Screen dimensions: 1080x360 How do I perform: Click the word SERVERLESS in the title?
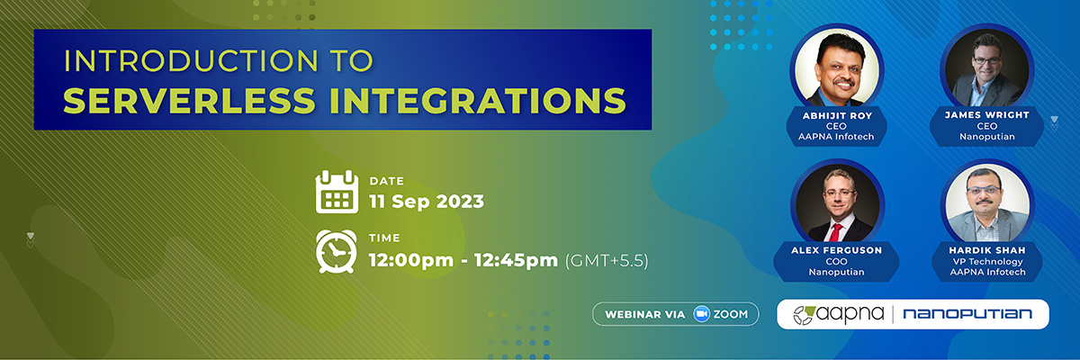click(190, 100)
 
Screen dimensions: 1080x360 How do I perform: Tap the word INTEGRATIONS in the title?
click(478, 100)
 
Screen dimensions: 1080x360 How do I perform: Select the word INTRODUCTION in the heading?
click(191, 60)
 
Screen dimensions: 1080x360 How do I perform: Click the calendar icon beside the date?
click(337, 192)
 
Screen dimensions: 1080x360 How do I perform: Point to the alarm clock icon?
click(337, 251)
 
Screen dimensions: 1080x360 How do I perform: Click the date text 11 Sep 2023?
click(427, 202)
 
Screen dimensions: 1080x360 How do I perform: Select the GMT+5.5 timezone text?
click(607, 260)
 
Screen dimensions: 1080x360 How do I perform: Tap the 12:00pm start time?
click(411, 260)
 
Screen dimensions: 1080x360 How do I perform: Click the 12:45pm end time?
click(516, 260)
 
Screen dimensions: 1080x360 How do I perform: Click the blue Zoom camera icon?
click(701, 314)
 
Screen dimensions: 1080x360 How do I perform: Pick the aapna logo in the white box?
click(839, 314)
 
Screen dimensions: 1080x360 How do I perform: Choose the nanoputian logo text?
click(967, 314)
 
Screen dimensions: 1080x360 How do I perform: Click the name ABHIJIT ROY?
click(837, 116)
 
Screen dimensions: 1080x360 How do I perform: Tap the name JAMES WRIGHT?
click(987, 115)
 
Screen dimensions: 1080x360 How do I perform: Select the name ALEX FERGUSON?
click(836, 250)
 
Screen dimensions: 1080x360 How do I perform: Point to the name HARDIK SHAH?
click(987, 250)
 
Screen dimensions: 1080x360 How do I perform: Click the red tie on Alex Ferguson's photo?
click(835, 232)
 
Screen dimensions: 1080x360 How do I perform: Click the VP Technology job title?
click(987, 262)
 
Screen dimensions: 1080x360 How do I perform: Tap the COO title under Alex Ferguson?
click(836, 262)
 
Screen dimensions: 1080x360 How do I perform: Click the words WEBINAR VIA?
click(645, 315)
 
